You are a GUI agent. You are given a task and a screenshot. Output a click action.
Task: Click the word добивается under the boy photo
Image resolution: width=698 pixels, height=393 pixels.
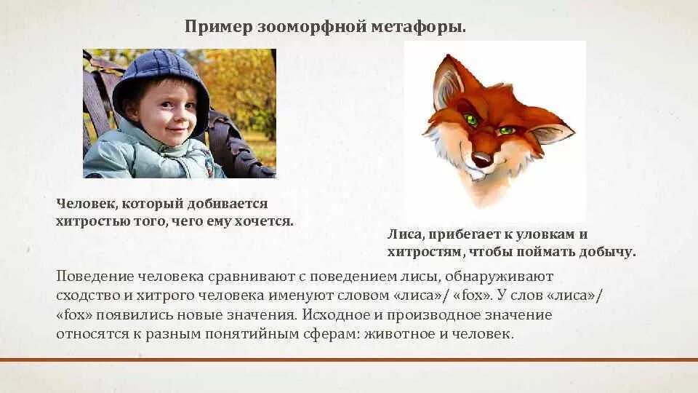click(232, 204)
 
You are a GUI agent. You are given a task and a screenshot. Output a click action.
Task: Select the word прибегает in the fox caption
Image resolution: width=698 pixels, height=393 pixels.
click(463, 235)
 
